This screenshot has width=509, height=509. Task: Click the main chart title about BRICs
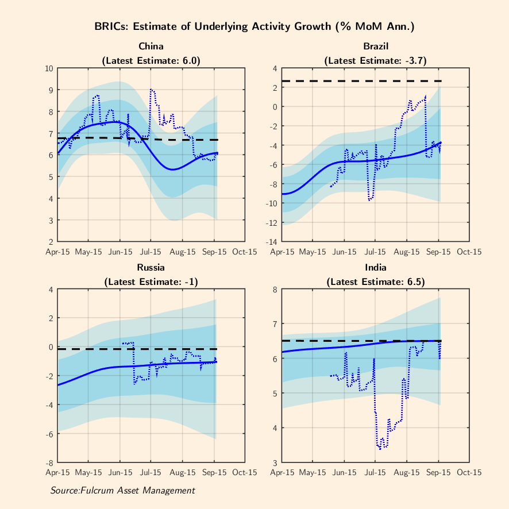(x=254, y=26)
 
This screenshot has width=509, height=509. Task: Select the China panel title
(x=151, y=46)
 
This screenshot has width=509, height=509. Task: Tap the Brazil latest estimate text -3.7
(x=375, y=60)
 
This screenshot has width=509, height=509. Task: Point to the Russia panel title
(x=151, y=267)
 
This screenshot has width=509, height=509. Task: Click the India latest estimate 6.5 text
(x=375, y=282)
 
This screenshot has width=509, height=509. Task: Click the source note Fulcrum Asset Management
(x=122, y=490)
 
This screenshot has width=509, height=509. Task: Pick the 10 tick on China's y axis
(x=49, y=68)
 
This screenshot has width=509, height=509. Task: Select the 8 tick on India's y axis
(x=275, y=290)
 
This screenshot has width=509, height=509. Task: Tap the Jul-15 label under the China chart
(x=151, y=251)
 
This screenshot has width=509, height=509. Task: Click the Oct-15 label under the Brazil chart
(x=469, y=251)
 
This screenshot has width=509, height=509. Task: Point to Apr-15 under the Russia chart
(x=57, y=472)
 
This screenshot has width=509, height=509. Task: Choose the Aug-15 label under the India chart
(x=407, y=472)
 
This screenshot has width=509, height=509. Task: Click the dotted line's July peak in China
(x=152, y=89)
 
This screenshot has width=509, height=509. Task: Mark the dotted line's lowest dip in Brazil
(x=371, y=200)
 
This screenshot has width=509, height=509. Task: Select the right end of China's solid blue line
(x=218, y=153)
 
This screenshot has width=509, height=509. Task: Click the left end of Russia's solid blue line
(x=57, y=385)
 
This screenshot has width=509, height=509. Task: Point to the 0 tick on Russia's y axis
(x=52, y=347)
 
